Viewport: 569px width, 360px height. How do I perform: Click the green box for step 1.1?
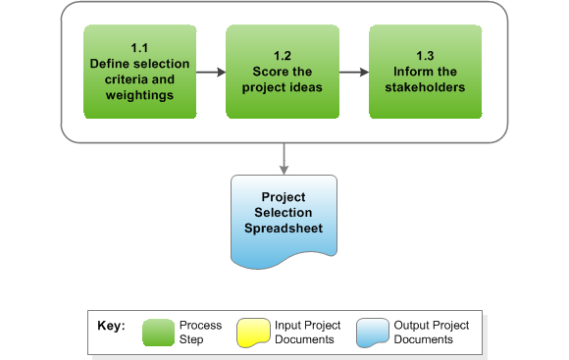tap(139, 72)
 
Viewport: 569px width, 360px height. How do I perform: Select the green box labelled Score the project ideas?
tap(283, 72)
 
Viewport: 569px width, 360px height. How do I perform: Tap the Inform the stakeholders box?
tap(426, 72)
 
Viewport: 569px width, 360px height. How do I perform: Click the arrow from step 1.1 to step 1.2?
tap(210, 72)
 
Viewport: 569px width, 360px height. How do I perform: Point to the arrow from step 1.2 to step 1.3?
tap(353, 72)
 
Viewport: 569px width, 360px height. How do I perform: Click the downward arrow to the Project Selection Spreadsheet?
tap(284, 156)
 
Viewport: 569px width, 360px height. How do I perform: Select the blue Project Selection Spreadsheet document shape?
tap(284, 221)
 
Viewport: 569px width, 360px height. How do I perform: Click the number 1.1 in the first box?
tap(139, 48)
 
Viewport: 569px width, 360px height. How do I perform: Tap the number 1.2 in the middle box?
tap(283, 56)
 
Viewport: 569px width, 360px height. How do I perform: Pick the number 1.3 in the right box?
tap(426, 56)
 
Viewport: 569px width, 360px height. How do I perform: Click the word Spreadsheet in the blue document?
tap(284, 229)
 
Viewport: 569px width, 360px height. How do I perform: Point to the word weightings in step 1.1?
tap(139, 95)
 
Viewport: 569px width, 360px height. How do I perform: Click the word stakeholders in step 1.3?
tap(426, 87)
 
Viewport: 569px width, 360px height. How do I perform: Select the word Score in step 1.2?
tap(263, 72)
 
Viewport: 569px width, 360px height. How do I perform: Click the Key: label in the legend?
tap(111, 326)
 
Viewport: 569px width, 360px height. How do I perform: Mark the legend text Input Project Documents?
tap(308, 333)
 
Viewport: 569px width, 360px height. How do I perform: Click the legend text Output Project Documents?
tap(431, 333)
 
